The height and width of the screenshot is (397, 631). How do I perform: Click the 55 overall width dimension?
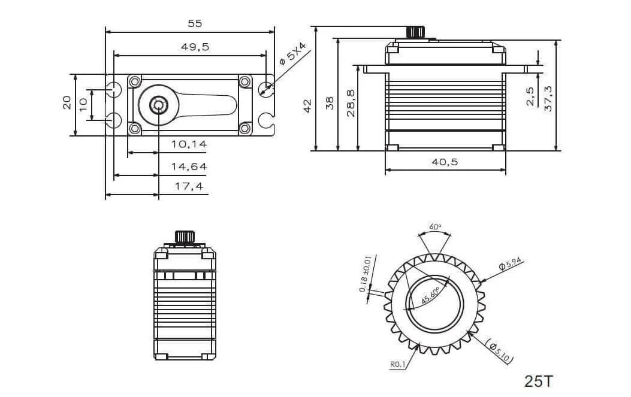click(x=195, y=23)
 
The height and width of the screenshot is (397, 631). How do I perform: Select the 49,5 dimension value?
click(x=195, y=47)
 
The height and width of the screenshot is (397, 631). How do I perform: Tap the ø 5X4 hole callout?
click(x=292, y=54)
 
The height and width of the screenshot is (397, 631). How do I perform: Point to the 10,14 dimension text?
click(x=189, y=144)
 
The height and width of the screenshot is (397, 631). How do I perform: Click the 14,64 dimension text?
click(x=189, y=166)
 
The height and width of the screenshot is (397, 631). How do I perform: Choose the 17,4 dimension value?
click(x=189, y=186)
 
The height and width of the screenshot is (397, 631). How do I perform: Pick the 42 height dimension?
click(x=307, y=106)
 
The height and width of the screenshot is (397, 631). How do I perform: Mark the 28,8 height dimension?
click(x=351, y=104)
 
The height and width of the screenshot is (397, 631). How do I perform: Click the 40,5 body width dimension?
click(x=445, y=162)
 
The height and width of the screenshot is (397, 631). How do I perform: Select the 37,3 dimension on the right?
click(x=548, y=99)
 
